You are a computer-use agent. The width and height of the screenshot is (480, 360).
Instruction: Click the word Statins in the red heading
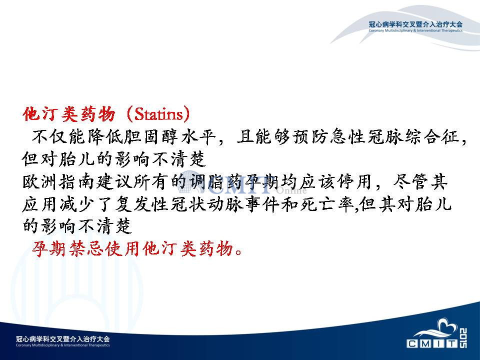(x=158, y=114)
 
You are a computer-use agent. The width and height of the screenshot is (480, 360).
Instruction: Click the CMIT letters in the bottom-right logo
(x=432, y=343)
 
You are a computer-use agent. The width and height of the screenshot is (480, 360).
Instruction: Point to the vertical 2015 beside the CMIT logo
(x=463, y=338)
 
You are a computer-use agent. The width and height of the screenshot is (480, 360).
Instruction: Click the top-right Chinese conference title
(x=415, y=24)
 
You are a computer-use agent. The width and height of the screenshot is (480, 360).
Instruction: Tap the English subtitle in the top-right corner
(x=415, y=30)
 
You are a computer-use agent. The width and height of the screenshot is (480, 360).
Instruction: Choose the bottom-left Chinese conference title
(x=63, y=339)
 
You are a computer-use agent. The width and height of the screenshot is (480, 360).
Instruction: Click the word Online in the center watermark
(x=291, y=190)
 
